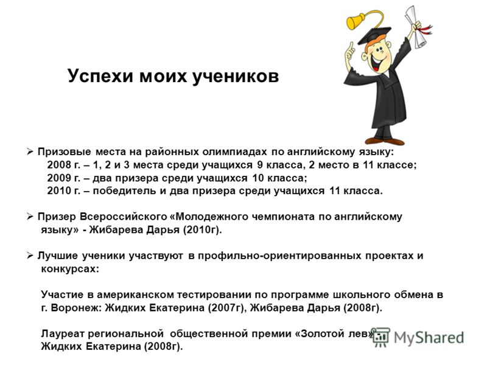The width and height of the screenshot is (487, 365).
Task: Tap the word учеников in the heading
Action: [236, 77]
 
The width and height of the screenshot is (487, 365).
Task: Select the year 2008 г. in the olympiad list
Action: [64, 165]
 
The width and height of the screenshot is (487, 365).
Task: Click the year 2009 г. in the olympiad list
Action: [64, 178]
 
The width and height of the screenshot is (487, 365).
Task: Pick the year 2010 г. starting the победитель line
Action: [64, 190]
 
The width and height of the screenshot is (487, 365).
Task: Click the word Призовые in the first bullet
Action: [65, 152]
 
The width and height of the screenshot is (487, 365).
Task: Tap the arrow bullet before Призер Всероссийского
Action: [30, 217]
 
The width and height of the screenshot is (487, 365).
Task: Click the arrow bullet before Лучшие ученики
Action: [30, 255]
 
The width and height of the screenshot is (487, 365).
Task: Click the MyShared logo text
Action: [429, 338]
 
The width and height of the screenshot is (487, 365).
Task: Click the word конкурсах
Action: [70, 269]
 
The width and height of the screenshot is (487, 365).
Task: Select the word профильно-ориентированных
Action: [280, 255]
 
